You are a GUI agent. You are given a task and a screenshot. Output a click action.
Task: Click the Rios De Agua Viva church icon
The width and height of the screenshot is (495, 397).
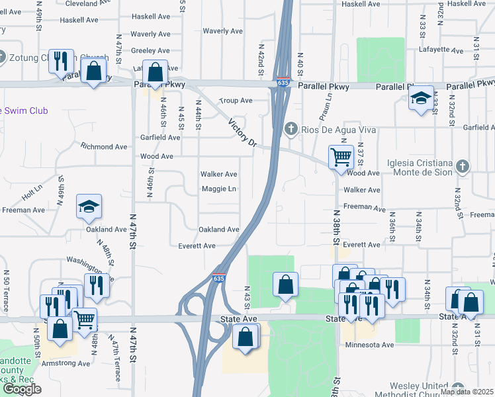[289, 129]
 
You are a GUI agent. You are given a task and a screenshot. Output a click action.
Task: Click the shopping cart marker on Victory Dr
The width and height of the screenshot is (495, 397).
[340, 157]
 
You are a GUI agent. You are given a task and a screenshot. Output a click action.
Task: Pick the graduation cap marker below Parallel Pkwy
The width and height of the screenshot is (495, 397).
[421, 98]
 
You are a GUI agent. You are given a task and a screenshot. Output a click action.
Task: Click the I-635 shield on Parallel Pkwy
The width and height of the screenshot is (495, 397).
[283, 83]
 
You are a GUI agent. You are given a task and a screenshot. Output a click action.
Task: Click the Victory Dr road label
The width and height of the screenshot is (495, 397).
[242, 132]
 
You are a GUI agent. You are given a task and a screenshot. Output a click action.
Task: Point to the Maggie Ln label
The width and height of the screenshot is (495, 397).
[218, 189]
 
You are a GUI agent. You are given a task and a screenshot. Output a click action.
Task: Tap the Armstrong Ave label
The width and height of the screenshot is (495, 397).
[66, 363]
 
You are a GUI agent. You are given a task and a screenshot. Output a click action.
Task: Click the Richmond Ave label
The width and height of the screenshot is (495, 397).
[103, 146]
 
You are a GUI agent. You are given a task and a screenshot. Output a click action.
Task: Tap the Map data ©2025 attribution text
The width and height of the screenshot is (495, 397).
[467, 392]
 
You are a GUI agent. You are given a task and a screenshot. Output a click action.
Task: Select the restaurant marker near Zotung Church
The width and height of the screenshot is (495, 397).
[60, 61]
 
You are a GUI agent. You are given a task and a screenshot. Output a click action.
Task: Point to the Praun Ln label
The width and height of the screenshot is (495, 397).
[326, 104]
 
